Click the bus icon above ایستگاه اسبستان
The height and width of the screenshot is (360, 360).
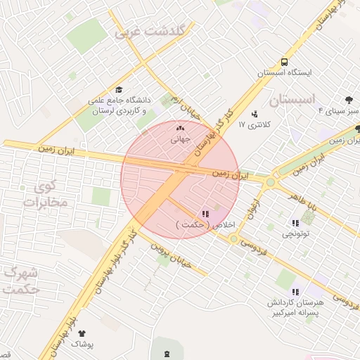tap(284, 62)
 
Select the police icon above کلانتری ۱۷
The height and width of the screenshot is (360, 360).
tap(254, 114)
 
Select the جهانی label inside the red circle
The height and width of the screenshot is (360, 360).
tap(181, 139)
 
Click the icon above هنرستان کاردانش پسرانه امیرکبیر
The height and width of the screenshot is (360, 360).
tap(295, 291)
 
